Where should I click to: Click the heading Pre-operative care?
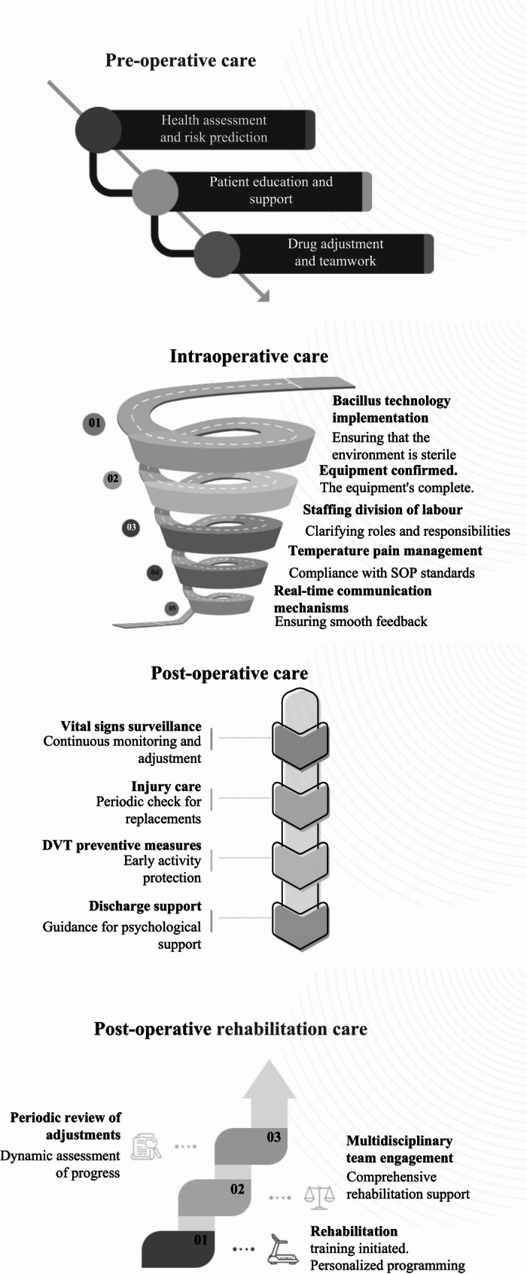180,61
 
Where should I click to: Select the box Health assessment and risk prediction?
213,129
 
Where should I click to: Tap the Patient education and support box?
270,190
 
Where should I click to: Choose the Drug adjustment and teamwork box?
335,253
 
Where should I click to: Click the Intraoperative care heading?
248,356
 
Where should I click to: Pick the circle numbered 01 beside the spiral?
94,423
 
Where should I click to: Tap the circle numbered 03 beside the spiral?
131,528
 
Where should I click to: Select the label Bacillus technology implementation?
391,409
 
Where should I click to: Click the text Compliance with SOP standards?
382,573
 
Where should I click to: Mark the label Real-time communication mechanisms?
352,599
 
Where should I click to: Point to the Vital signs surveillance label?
131,726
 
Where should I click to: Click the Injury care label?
166,786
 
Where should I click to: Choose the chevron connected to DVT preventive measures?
300,863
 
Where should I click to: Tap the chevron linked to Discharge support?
300,924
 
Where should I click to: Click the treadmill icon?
283,1248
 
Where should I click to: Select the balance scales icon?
318,1196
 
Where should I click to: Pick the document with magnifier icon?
147,1146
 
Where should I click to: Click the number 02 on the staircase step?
237,1189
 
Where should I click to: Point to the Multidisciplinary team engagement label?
399,1149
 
